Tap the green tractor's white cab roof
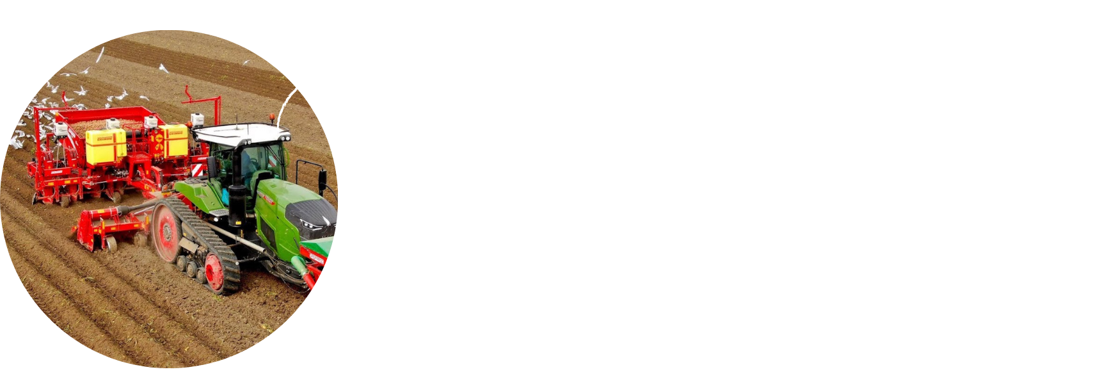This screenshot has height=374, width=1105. (241, 133)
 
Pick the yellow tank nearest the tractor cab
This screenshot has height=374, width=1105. (173, 141)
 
